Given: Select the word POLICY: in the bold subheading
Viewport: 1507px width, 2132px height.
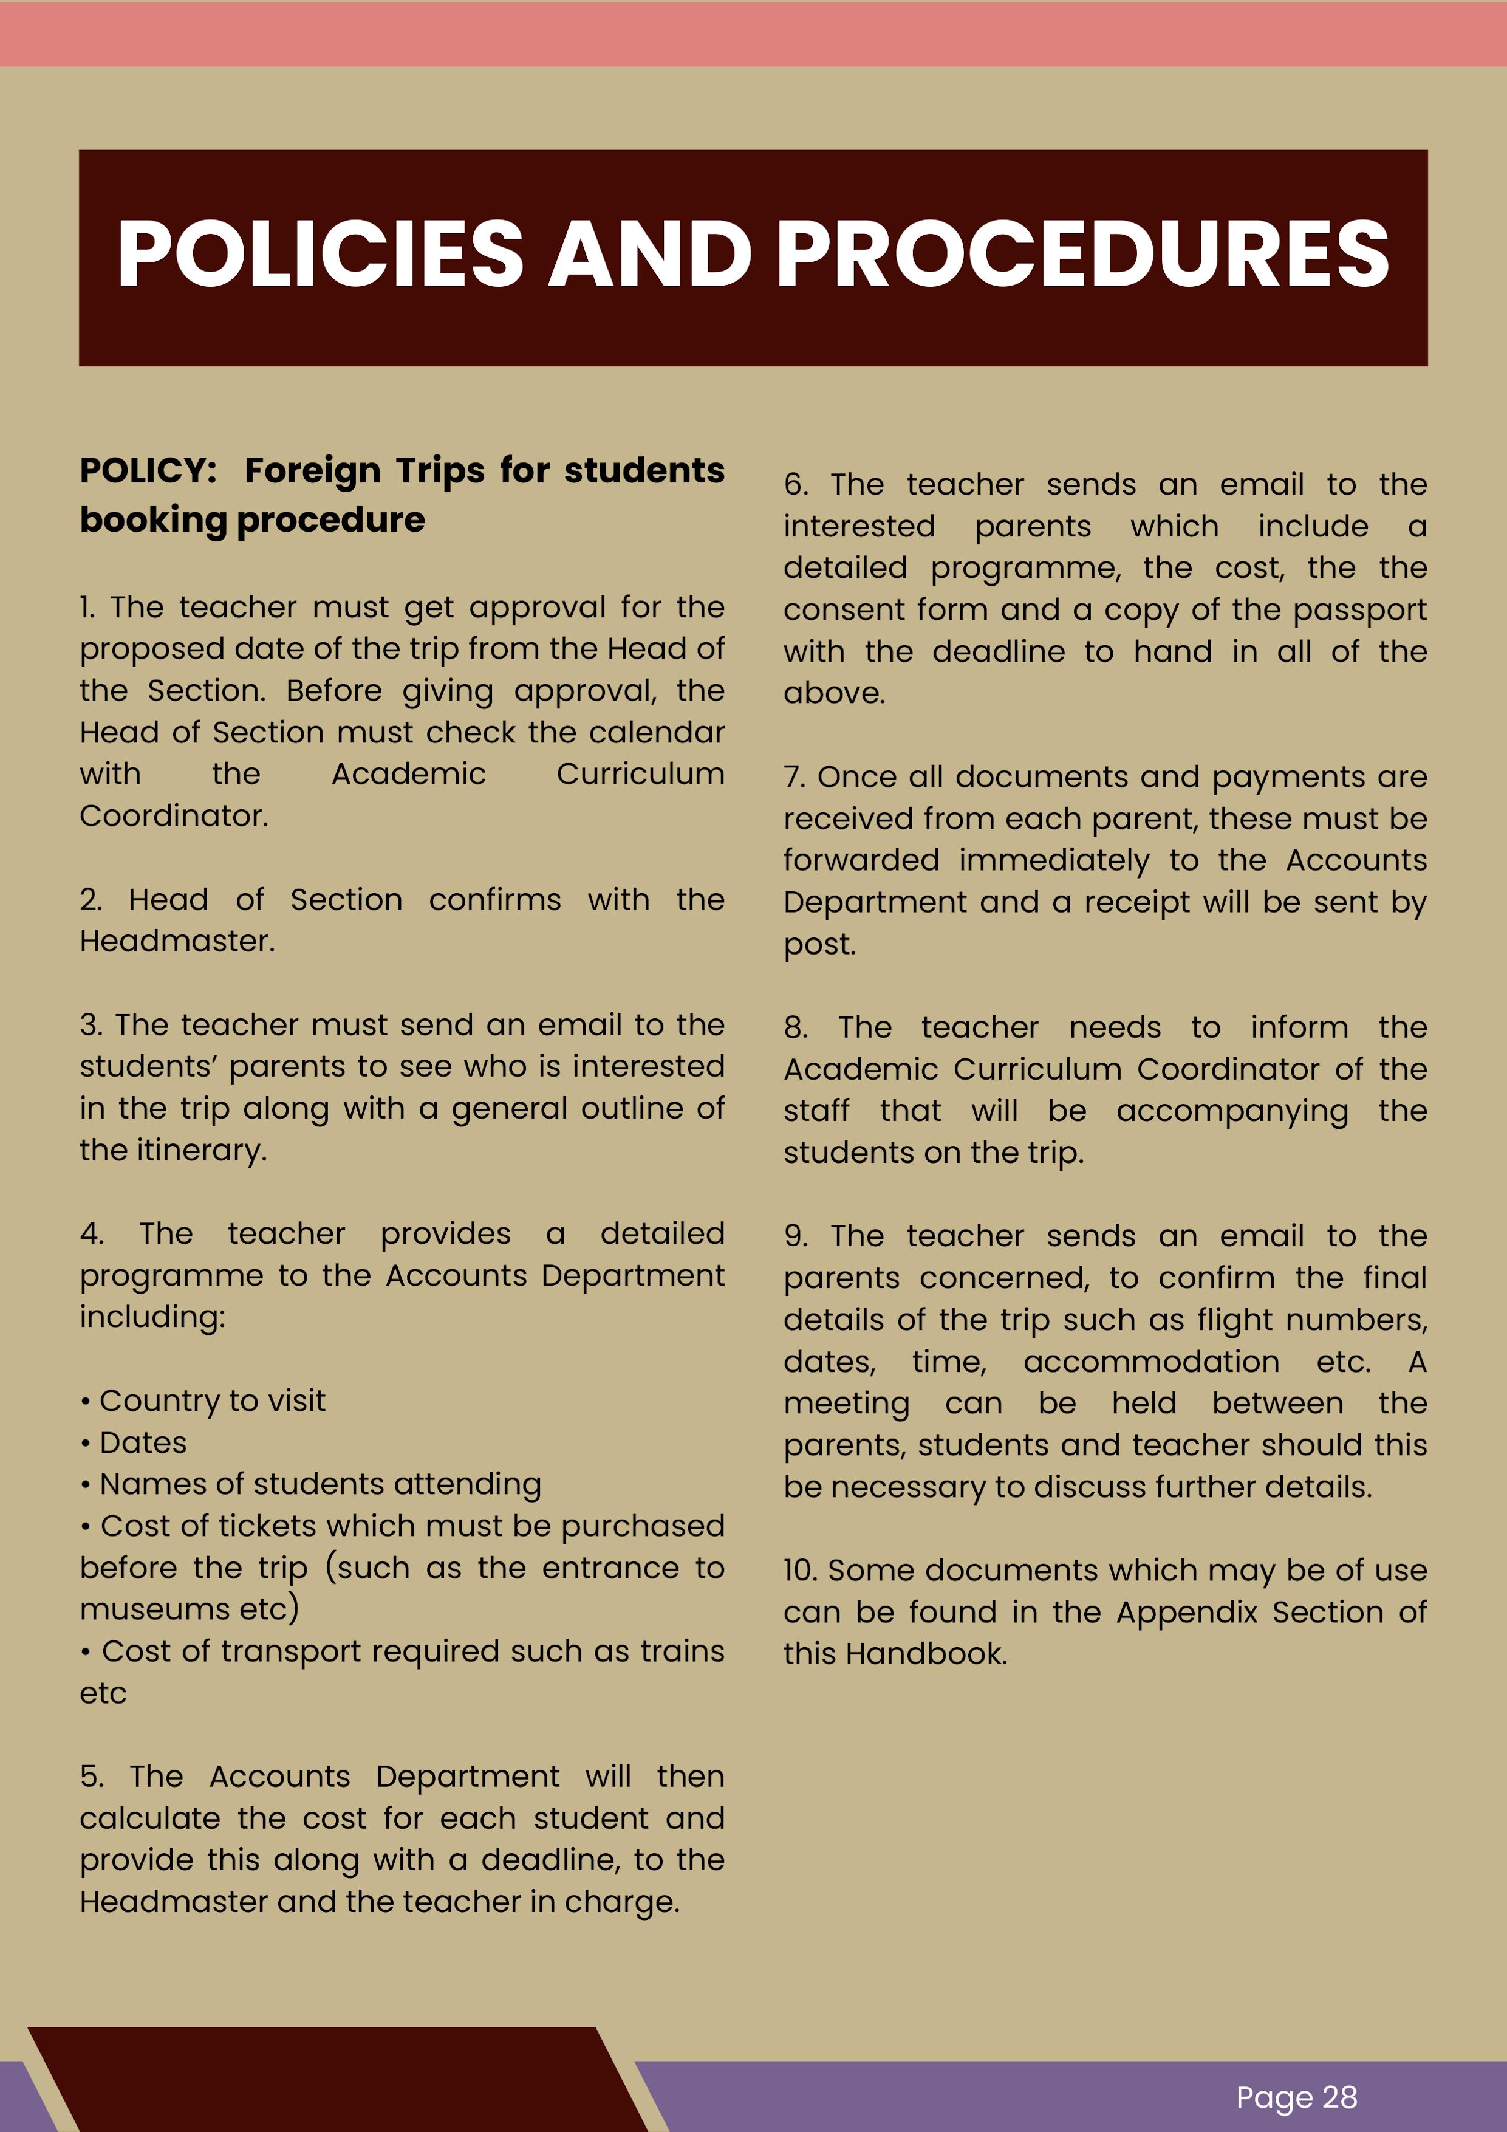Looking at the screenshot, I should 149,471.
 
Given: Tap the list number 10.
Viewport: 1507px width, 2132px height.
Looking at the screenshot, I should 799,1570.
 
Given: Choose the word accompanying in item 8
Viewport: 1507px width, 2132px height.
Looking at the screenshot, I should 1232,1111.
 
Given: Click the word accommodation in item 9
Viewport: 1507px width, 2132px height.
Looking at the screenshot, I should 1152,1362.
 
